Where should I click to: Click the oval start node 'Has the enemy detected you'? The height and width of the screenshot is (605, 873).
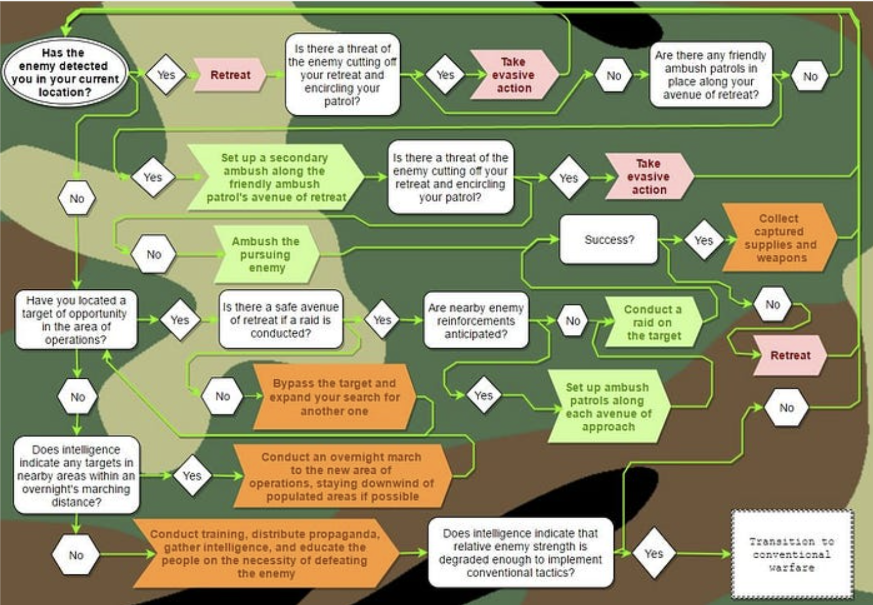pyautogui.click(x=65, y=72)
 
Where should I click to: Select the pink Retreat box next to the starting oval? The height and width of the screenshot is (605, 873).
pyautogui.click(x=230, y=75)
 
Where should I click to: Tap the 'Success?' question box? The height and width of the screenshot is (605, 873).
pyautogui.click(x=608, y=239)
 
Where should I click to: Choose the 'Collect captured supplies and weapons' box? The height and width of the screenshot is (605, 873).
pyautogui.click(x=779, y=238)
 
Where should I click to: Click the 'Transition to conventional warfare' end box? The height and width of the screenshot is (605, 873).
pyautogui.click(x=792, y=554)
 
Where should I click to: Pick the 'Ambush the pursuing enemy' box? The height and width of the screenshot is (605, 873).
pyautogui.click(x=267, y=254)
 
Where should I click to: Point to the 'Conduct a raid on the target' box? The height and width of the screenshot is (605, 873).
pyautogui.click(x=653, y=322)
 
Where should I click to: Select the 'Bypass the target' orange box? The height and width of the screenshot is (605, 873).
pyautogui.click(x=335, y=397)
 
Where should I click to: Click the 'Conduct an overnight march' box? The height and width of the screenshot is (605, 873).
pyautogui.click(x=342, y=477)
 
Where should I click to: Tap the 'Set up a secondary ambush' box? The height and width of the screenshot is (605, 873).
pyautogui.click(x=275, y=177)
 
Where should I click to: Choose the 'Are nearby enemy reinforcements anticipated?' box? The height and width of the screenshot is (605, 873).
pyautogui.click(x=476, y=321)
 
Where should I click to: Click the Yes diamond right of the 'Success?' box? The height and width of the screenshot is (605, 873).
pyautogui.click(x=704, y=240)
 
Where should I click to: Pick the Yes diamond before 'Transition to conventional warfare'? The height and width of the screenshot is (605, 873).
pyautogui.click(x=654, y=553)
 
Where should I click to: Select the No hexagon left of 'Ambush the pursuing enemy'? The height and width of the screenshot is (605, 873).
pyautogui.click(x=154, y=254)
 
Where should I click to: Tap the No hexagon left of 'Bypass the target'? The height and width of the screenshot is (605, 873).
pyautogui.click(x=223, y=396)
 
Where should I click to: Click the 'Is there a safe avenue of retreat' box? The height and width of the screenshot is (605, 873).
pyautogui.click(x=281, y=320)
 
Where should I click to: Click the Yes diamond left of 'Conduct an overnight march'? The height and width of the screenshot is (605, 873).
pyautogui.click(x=192, y=476)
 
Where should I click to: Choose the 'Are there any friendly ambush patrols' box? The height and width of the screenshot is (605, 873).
pyautogui.click(x=711, y=75)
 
